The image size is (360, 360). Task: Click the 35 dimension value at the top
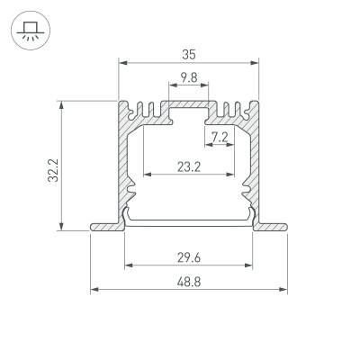pyautogui.click(x=188, y=53)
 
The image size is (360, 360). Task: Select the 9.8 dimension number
pyautogui.click(x=188, y=78)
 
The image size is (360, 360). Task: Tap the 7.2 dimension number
pyautogui.click(x=219, y=137)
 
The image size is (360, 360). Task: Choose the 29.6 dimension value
pyautogui.click(x=188, y=256)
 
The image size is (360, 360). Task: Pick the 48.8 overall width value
pyautogui.click(x=188, y=281)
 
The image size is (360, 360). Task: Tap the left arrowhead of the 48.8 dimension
pyautogui.click(x=94, y=291)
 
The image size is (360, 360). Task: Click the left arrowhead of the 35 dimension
pyautogui.click(x=122, y=63)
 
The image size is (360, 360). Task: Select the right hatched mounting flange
pyautogui.click(x=273, y=226)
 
